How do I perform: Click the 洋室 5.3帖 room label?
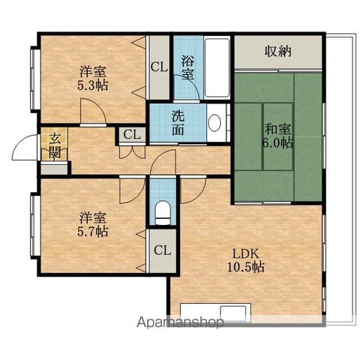click(x=93, y=78)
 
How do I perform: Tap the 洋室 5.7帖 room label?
click(x=93, y=224)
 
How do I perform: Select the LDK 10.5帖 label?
click(x=246, y=260)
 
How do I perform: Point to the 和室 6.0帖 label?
click(x=277, y=136)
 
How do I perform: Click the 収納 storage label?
click(x=278, y=51)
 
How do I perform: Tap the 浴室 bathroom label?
click(x=187, y=67)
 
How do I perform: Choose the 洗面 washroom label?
click(x=178, y=122)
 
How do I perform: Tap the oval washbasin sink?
click(x=214, y=122)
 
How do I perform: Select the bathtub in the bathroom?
click(x=217, y=67)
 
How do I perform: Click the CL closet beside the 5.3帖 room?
click(x=159, y=67)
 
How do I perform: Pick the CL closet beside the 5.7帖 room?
click(x=163, y=250)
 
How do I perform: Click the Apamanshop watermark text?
click(x=180, y=322)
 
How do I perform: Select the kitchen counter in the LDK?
click(x=215, y=313)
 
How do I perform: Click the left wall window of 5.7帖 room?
click(x=34, y=226)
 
